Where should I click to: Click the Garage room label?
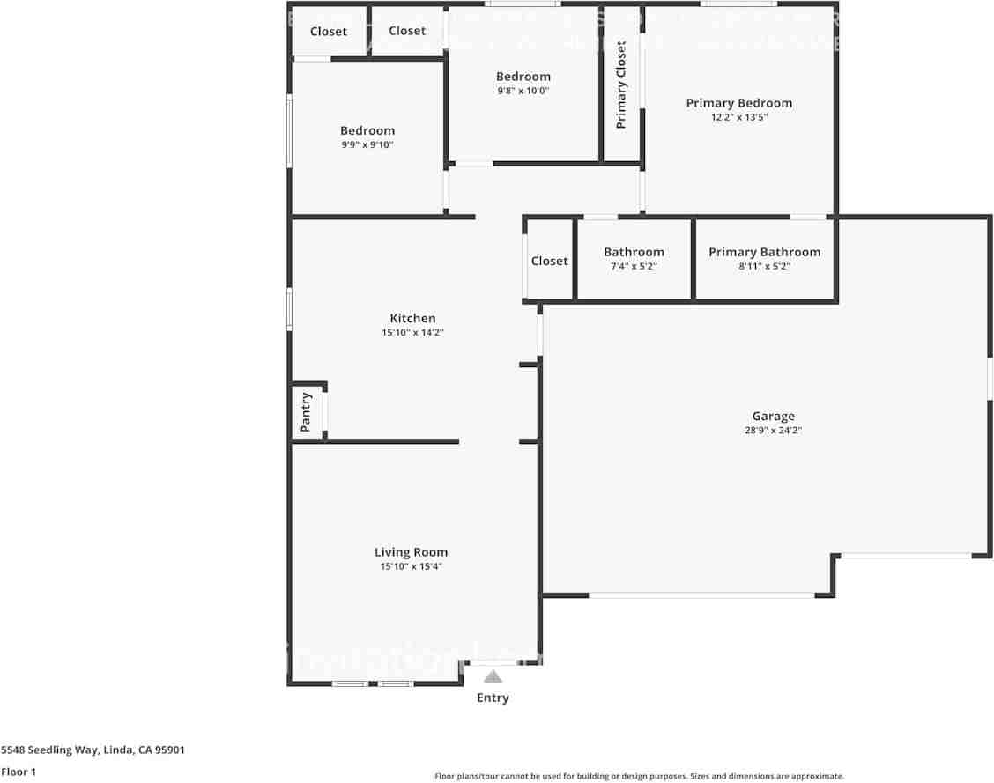(773, 416)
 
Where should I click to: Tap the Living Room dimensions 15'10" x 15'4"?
(411, 567)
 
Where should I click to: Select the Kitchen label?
(412, 318)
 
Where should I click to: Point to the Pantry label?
(306, 411)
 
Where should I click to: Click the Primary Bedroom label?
(738, 103)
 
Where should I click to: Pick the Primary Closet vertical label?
(621, 85)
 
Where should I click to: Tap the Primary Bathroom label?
(764, 252)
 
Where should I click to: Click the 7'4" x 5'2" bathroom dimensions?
(634, 266)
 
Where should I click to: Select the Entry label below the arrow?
(493, 698)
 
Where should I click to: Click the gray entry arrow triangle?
(493, 676)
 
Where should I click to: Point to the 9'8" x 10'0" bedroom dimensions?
(523, 91)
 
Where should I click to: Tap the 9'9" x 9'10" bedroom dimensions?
(367, 145)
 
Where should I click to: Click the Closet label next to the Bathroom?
(549, 261)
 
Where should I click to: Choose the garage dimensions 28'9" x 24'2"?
(773, 431)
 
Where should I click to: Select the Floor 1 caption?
(19, 772)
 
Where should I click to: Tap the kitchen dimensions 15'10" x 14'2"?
(412, 333)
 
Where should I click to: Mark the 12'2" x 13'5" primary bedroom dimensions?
(738, 117)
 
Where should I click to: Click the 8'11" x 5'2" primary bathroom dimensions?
(764, 266)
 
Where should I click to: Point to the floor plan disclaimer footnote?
(639, 776)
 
